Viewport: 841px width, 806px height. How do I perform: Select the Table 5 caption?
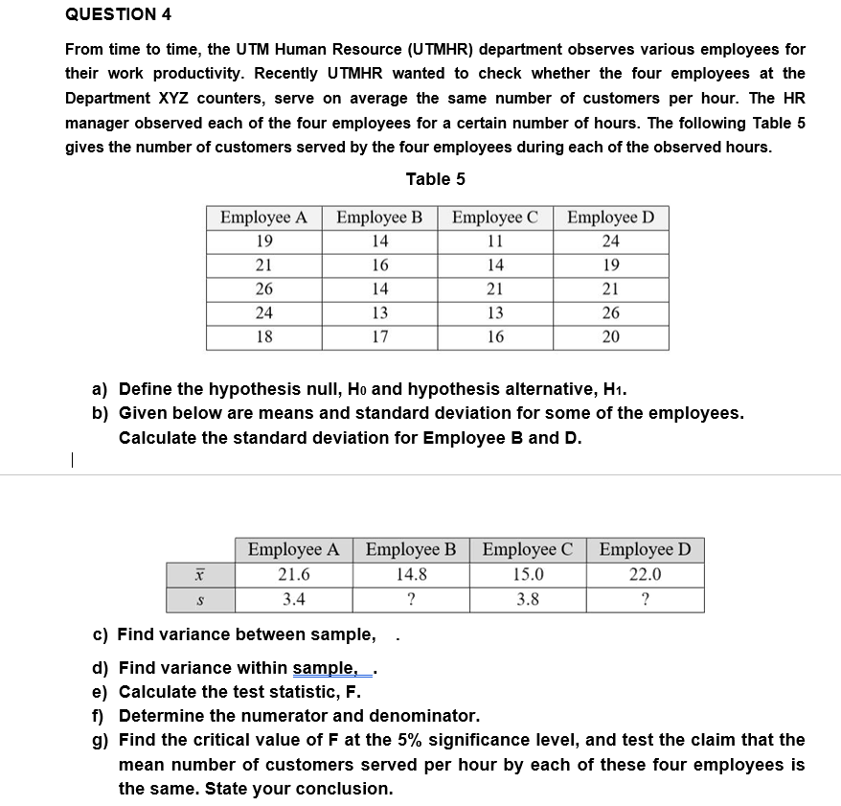(x=435, y=179)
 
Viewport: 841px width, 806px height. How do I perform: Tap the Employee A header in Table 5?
(x=263, y=218)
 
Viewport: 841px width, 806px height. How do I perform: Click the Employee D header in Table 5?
(x=610, y=218)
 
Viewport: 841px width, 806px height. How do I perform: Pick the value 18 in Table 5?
(x=263, y=336)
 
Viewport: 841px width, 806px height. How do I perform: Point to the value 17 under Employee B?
(x=380, y=336)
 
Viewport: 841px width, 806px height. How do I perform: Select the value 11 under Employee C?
(x=494, y=242)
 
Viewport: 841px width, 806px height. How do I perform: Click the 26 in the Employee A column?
(x=263, y=289)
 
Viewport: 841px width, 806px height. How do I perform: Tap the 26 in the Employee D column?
(x=610, y=313)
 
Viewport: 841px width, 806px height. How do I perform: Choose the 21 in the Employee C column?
(x=494, y=289)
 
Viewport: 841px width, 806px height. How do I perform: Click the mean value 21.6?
(x=293, y=575)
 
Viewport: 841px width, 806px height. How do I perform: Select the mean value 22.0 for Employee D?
(x=645, y=575)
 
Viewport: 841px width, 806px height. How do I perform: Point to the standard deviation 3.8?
(x=527, y=600)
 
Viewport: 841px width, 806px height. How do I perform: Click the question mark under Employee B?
(x=410, y=600)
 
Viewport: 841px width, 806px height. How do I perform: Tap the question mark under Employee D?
(x=645, y=600)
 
